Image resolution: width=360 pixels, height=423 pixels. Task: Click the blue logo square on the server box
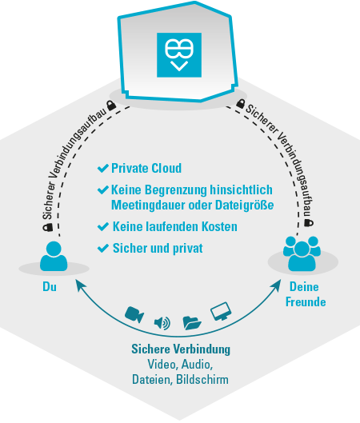click(x=179, y=55)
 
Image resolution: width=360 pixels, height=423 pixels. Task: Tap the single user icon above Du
click(x=54, y=256)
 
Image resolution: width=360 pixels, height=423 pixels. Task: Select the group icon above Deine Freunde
click(x=302, y=253)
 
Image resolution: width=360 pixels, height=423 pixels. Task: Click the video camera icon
click(x=134, y=314)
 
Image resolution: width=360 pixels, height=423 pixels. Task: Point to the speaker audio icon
click(x=162, y=323)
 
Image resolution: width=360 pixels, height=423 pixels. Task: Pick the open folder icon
click(x=192, y=322)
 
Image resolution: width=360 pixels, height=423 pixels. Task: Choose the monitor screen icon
click(x=221, y=311)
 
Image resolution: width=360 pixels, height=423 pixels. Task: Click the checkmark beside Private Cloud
click(x=103, y=168)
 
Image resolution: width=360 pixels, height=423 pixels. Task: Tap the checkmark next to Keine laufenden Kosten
click(x=103, y=226)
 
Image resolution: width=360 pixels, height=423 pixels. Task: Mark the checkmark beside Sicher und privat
click(x=103, y=248)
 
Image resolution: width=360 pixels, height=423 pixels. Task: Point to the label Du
click(x=50, y=286)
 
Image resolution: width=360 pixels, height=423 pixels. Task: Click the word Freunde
click(x=306, y=301)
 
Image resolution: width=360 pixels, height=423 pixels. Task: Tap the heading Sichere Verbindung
click(x=181, y=349)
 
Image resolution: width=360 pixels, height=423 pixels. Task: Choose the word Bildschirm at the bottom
click(x=202, y=379)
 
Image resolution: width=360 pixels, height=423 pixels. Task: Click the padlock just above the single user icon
click(x=48, y=227)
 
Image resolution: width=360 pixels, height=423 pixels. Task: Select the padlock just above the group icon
click(x=309, y=222)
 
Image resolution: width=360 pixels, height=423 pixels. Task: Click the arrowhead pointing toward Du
click(x=80, y=285)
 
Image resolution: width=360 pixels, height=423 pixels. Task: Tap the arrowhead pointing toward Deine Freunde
click(x=277, y=285)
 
